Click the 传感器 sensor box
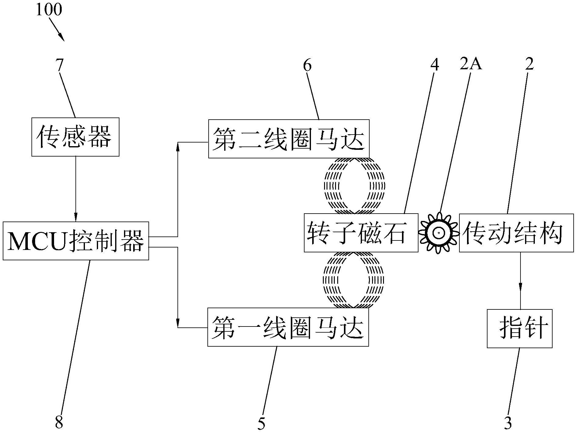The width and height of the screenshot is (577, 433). (x=75, y=137)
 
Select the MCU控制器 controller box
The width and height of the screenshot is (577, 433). (x=76, y=241)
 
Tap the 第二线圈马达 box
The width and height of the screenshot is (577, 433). (x=289, y=139)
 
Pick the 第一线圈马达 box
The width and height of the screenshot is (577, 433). (x=288, y=327)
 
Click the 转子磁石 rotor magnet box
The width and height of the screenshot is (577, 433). (x=361, y=233)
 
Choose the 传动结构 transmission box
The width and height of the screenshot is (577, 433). (x=516, y=233)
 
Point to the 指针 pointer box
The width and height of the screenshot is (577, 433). (x=520, y=329)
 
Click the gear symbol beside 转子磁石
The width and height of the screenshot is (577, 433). (x=439, y=233)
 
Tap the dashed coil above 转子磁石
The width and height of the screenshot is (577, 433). (x=354, y=186)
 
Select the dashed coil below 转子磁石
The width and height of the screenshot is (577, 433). (x=353, y=280)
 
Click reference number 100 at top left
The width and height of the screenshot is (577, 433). (x=49, y=9)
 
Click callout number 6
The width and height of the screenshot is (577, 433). (x=307, y=65)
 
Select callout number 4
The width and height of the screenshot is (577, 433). (x=434, y=64)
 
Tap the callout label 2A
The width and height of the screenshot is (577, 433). (x=471, y=64)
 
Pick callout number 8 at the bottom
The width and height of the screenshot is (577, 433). (x=59, y=423)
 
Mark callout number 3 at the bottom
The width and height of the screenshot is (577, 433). (x=507, y=423)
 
